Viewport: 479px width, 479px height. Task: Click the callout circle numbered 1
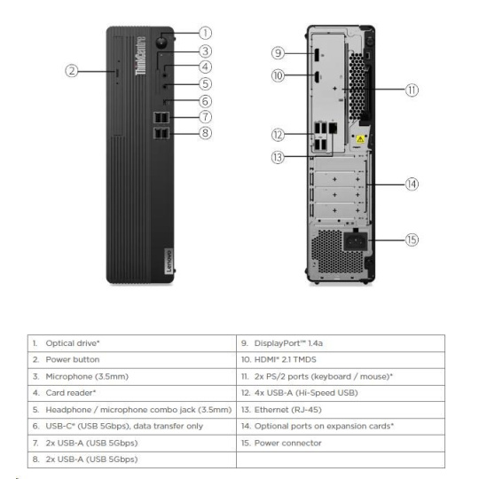coord(205,33)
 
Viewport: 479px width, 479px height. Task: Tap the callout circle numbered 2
coord(72,71)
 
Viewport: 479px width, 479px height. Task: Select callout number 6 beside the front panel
coord(205,101)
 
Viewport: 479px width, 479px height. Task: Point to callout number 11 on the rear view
coord(412,90)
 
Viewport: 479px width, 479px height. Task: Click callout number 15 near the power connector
coord(412,239)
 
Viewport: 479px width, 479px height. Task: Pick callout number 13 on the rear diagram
coord(278,158)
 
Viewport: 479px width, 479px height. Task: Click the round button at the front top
coord(161,42)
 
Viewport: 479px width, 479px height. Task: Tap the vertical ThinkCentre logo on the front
coord(140,55)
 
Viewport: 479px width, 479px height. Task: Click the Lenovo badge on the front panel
coord(169,261)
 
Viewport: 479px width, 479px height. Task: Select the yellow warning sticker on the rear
coord(360,139)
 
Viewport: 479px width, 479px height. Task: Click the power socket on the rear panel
coord(356,241)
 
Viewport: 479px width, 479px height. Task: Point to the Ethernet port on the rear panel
coord(333,128)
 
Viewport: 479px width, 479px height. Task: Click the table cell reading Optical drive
coord(73,343)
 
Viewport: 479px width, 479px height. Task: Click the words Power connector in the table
coord(287,443)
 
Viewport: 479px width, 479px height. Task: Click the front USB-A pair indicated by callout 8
coord(161,133)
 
